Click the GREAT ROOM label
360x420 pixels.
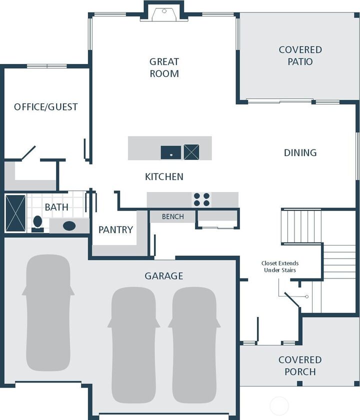coord(164,67)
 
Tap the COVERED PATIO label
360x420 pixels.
coord(300,55)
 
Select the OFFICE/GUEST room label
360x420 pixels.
coord(46,107)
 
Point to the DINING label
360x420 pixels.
coord(300,152)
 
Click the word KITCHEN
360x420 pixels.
coord(164,177)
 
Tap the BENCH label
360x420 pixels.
coord(173,216)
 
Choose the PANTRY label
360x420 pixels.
coord(115,230)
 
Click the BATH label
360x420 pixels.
coord(56,207)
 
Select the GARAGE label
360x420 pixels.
coord(164,276)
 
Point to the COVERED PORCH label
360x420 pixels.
coord(300,365)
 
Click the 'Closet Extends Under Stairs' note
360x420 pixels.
coord(280,266)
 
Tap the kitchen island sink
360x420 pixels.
coord(171,152)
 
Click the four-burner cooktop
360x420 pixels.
coord(201,199)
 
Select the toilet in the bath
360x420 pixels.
coord(37,224)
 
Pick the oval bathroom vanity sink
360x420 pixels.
coord(69,226)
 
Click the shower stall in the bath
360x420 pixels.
coord(15,213)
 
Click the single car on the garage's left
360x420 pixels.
coord(48,312)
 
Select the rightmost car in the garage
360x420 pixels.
coord(194,345)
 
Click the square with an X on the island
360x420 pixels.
coord(191,152)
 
